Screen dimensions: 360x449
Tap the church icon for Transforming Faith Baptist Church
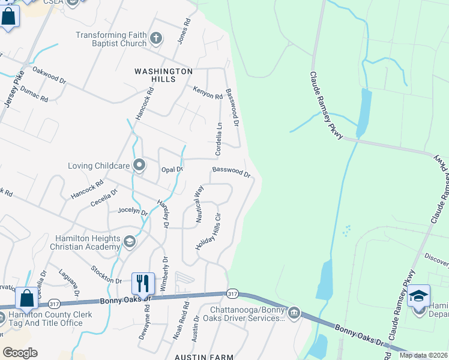pyautogui.click(x=156, y=39)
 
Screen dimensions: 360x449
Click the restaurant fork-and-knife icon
pyautogui.click(x=143, y=283)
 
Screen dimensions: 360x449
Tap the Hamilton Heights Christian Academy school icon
pyautogui.click(x=128, y=242)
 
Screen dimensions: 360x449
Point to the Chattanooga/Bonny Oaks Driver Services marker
pyautogui.click(x=294, y=313)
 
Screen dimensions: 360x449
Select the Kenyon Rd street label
pyautogui.click(x=208, y=92)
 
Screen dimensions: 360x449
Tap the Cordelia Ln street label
pyautogui.click(x=219, y=138)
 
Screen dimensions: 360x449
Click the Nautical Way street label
pyautogui.click(x=199, y=204)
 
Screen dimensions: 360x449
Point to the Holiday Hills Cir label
pyautogui.click(x=209, y=232)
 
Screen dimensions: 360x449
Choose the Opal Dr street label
pyautogui.click(x=172, y=170)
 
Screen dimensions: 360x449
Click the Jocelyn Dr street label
pyautogui.click(x=133, y=211)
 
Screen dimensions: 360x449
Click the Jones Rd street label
pyautogui.click(x=184, y=30)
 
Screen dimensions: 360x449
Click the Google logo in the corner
pyautogui.click(x=20, y=353)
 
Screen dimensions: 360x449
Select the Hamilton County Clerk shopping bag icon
pyautogui.click(x=27, y=298)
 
